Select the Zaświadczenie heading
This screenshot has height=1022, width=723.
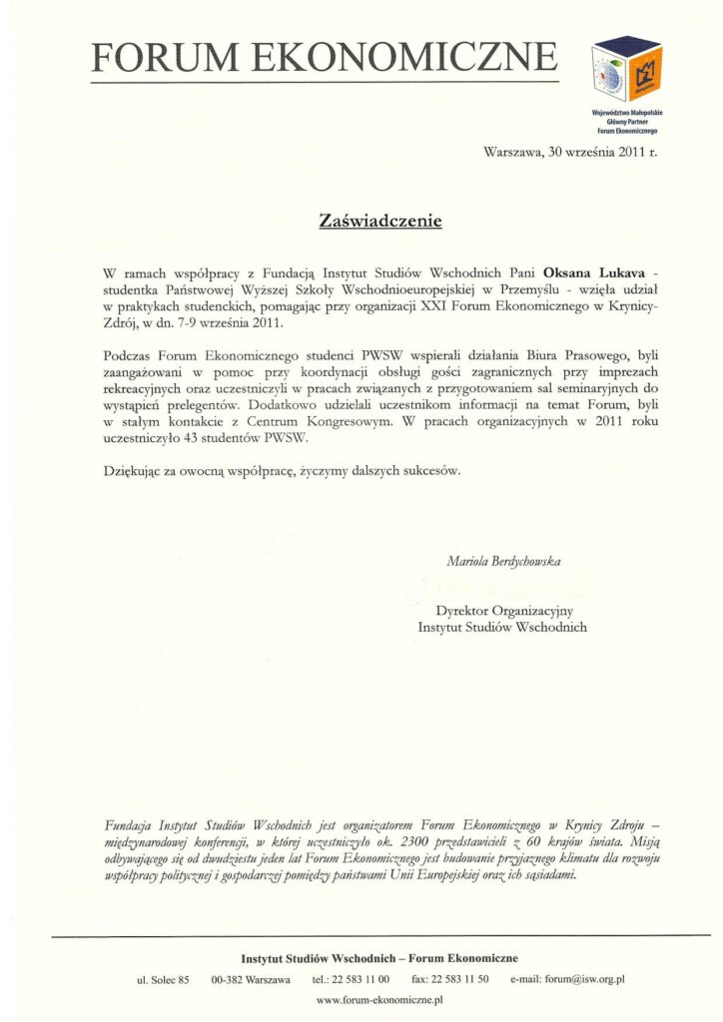pyautogui.click(x=380, y=220)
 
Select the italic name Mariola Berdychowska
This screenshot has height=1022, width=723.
pyautogui.click(x=502, y=561)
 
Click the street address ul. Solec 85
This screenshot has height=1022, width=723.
pyautogui.click(x=163, y=979)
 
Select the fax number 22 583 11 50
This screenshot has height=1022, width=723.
pyautogui.click(x=450, y=979)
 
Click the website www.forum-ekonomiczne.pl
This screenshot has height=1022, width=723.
pyautogui.click(x=378, y=999)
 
